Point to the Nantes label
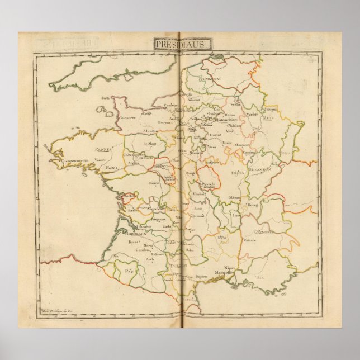[x=112, y=168]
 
